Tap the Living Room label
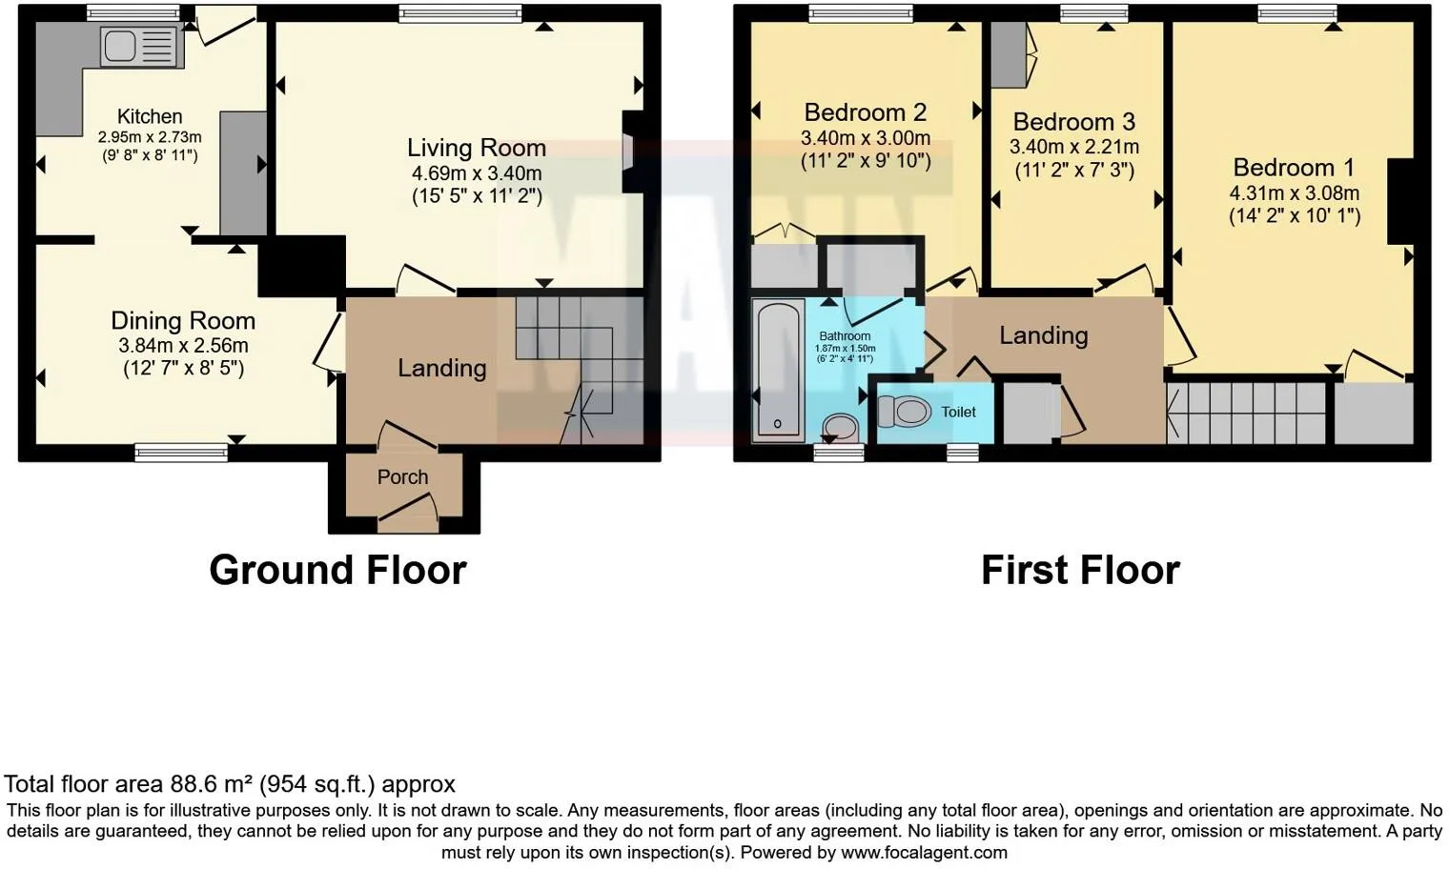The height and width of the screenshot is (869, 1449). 476,148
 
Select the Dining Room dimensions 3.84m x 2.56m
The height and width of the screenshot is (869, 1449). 183,346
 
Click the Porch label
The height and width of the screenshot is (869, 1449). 402,476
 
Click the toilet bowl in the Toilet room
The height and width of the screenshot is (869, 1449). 905,412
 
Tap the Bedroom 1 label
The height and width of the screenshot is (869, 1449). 1293,168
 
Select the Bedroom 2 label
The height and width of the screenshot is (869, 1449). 865,112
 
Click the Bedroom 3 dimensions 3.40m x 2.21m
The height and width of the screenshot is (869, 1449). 1073,147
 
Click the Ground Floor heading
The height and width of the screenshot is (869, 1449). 337,570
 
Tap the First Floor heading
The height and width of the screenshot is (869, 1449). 1080,570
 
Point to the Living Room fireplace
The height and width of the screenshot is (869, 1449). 632,152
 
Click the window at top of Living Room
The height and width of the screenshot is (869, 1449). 460,13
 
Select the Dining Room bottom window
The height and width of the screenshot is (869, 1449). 181,453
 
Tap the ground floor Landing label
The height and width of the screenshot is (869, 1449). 441,368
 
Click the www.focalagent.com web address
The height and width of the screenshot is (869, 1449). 924,852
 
